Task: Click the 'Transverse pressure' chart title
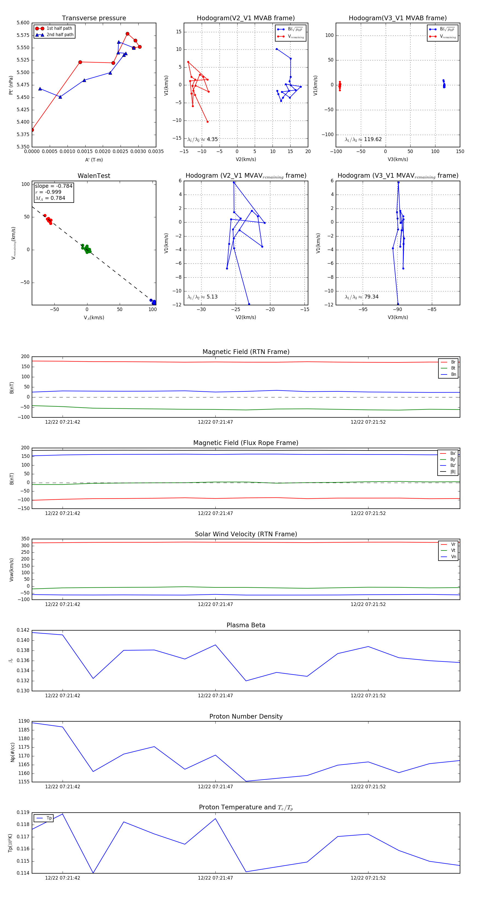point(94,18)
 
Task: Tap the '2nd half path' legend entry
point(60,35)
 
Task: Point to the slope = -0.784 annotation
point(54,186)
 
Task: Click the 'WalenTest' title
point(94,176)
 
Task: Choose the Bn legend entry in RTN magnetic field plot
point(453,374)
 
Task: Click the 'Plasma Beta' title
point(246,625)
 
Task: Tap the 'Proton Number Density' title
point(246,716)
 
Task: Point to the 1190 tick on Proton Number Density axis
point(24,721)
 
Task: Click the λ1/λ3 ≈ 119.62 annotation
point(363,139)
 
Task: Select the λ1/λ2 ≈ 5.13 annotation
point(202,297)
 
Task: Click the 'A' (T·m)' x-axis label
point(94,160)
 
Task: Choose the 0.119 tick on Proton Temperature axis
point(23,812)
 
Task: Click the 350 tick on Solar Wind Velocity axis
point(25,539)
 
